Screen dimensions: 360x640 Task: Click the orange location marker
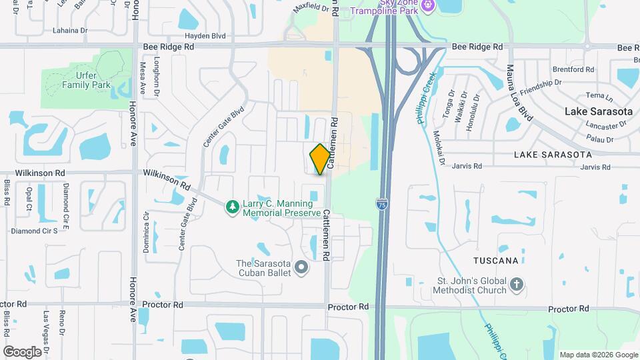[x=320, y=159]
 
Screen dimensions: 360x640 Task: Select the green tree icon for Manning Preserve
[x=232, y=208]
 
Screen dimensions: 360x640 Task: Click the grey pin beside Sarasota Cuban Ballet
[x=301, y=268]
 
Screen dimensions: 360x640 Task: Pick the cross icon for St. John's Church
[x=516, y=286]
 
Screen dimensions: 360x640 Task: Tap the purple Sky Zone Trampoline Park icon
[x=427, y=6]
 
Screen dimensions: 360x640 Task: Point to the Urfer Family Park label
[x=87, y=80]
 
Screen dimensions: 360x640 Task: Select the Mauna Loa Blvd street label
[x=519, y=92]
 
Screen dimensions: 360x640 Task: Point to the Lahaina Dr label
[x=69, y=31]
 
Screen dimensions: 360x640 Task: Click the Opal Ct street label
[x=29, y=199]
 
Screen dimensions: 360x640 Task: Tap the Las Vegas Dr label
[x=46, y=323]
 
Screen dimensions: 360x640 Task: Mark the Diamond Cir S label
[x=39, y=231]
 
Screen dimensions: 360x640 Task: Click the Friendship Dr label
[x=541, y=87]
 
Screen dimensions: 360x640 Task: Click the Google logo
[x=22, y=351]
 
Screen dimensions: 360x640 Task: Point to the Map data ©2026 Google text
[x=598, y=355]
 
